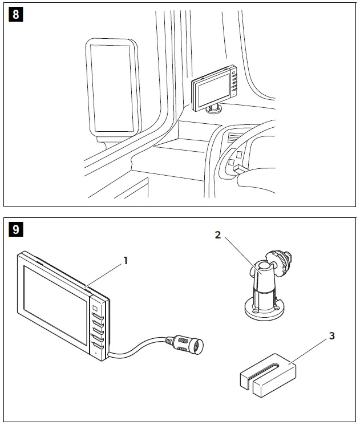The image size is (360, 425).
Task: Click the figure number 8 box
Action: (x=15, y=14)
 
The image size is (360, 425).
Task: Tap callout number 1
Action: (x=126, y=260)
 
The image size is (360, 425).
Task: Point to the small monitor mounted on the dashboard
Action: (x=214, y=87)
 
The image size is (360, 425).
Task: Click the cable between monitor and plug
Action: (x=137, y=349)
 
